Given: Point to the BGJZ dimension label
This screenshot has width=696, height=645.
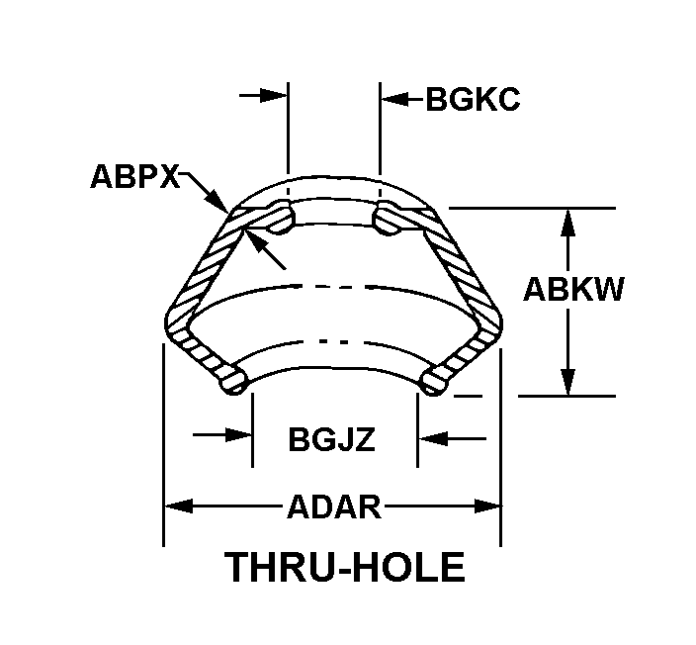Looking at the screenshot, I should pos(332,438).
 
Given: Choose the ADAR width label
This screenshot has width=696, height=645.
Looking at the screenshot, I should pos(333,507).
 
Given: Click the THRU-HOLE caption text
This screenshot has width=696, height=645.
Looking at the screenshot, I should pos(345,568).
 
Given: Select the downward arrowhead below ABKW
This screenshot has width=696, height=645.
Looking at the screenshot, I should pos(567,383).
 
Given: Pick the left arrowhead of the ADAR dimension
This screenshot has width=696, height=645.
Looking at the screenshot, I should pos(176,507).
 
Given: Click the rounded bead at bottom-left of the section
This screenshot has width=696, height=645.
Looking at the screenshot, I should pos(233,379).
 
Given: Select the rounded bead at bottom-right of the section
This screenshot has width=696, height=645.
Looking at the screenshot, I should pos(435,378).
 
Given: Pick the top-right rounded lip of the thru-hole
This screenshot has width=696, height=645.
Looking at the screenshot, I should pos(388,218).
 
